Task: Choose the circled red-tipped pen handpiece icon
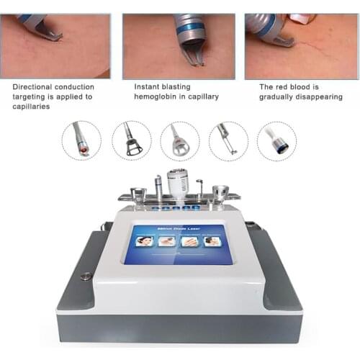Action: [x=81, y=140]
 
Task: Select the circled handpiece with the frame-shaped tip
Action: [x=131, y=140]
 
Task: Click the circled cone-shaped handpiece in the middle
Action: [x=179, y=140]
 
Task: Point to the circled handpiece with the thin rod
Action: [x=228, y=140]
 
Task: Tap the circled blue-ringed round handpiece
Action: [x=276, y=140]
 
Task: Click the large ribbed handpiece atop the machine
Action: [x=176, y=183]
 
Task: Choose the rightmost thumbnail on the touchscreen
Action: [x=212, y=241]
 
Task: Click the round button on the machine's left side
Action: [x=87, y=275]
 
